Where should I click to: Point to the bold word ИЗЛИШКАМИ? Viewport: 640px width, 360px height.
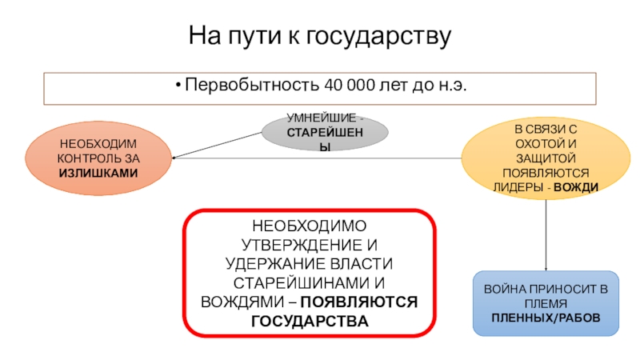(x=98, y=173)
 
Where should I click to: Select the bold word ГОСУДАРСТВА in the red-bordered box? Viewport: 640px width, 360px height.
(x=310, y=321)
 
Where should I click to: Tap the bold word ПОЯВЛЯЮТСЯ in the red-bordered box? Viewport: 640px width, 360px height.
(x=369, y=302)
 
